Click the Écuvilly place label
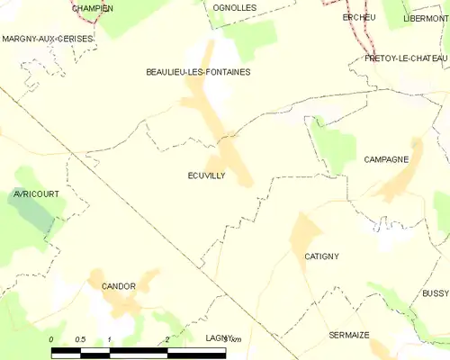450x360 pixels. pos(206,176)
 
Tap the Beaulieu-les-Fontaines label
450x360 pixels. pos(198,71)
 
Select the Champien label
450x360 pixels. pos(93,8)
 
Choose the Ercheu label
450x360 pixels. pos(358,17)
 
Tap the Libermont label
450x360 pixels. pos(425,18)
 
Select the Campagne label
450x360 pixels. pos(386,159)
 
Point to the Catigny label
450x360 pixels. pos(321,256)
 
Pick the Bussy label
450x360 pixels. pos(435,293)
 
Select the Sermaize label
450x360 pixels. pos(348,334)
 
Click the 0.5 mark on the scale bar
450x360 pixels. pos(80,339)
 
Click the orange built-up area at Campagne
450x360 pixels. pos(396,180)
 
